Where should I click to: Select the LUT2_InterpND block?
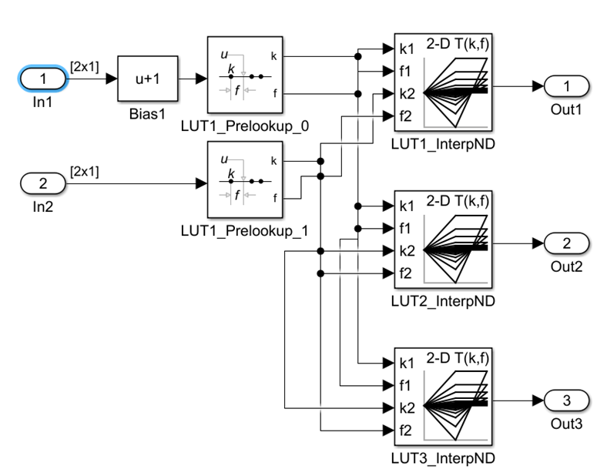click(x=443, y=240)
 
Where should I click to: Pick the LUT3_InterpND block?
click(x=443, y=397)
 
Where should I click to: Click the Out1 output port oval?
click(x=567, y=86)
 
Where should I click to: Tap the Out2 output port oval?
click(x=567, y=243)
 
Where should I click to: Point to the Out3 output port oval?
click(x=567, y=401)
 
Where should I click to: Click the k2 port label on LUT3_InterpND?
click(x=408, y=407)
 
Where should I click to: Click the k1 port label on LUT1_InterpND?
click(x=408, y=49)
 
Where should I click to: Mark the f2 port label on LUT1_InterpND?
click(x=408, y=116)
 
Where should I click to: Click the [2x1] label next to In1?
click(x=84, y=68)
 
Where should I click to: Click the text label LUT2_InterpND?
click(x=442, y=300)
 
